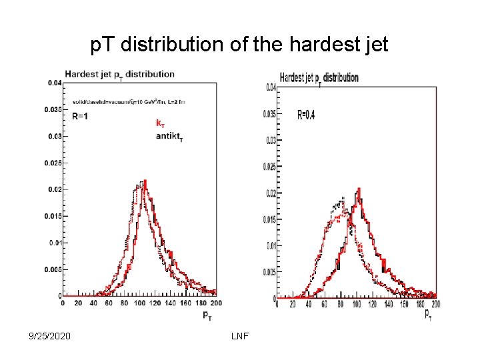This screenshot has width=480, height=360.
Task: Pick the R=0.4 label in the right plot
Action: pos(306,115)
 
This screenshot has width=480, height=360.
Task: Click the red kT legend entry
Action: pos(161,123)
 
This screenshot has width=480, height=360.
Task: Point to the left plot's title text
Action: pos(119,74)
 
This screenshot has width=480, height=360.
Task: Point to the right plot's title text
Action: pos(319,78)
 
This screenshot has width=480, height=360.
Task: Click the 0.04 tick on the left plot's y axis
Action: pos(54,83)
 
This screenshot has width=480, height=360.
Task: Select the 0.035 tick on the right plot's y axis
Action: pos(269,114)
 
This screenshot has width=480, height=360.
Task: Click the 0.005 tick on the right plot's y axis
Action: pos(269,272)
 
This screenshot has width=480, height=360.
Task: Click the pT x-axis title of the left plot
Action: pos(209,313)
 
